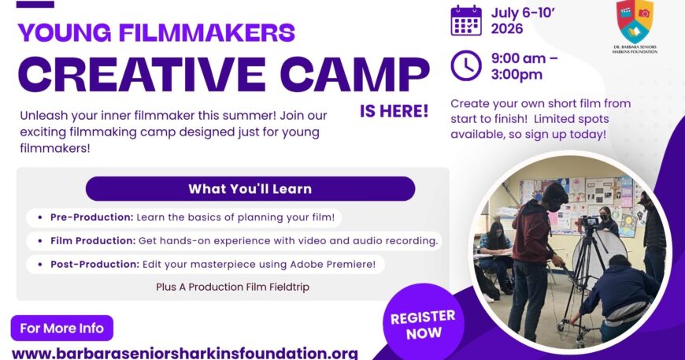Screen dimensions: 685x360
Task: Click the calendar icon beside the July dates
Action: (x=466, y=20)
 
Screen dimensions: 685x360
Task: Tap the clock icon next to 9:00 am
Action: (x=466, y=65)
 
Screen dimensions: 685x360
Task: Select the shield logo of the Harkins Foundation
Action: (x=635, y=21)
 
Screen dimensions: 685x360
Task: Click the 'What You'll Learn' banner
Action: (x=250, y=189)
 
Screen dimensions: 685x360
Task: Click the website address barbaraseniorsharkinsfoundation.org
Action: (x=185, y=353)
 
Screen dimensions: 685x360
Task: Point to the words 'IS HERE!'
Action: (x=394, y=111)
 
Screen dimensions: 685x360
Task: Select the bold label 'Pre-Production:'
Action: (x=92, y=217)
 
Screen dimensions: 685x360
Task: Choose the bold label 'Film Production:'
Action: (x=93, y=241)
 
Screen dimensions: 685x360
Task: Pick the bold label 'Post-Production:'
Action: (x=94, y=265)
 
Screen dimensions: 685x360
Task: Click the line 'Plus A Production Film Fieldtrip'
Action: (x=233, y=287)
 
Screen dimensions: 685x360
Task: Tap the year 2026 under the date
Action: (x=507, y=29)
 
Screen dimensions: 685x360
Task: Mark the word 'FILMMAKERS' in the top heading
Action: (x=207, y=32)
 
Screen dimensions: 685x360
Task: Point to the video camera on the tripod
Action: (x=590, y=223)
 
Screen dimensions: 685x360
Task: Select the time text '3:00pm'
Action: (x=517, y=75)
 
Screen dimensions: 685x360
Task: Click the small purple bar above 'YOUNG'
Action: (x=35, y=5)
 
